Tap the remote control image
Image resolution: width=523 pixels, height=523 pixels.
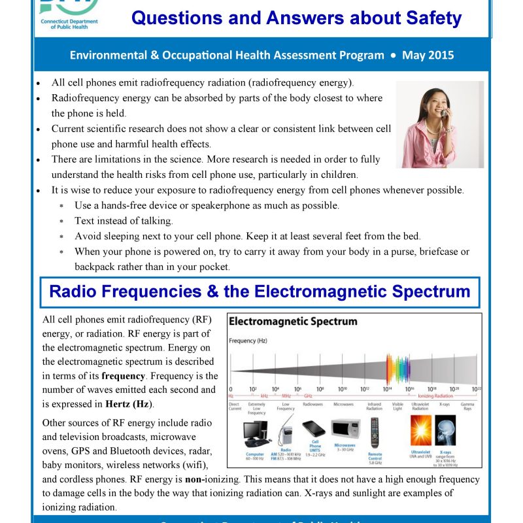[x=375, y=432]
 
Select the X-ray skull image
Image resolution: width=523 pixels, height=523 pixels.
[x=445, y=431]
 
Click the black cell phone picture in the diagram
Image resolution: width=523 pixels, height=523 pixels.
[x=313, y=429]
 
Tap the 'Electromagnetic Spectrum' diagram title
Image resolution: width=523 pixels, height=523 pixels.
[x=293, y=322]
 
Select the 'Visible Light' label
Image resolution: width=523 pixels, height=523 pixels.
[x=397, y=406]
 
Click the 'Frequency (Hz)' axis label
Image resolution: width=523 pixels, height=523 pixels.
[x=247, y=341]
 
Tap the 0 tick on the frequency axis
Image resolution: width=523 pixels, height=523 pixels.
[x=231, y=389]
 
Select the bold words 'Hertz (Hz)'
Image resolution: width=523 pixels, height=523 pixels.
[x=129, y=404]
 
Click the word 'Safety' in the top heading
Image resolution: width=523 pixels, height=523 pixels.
[x=426, y=18]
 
